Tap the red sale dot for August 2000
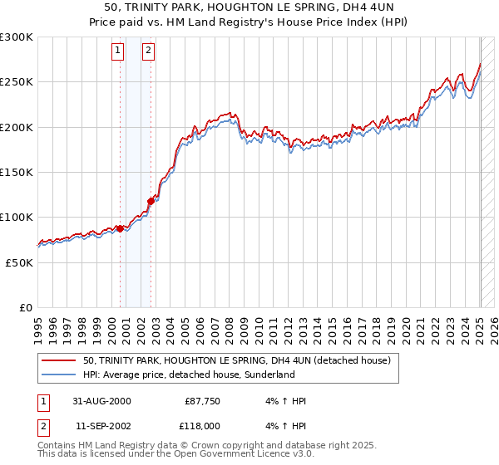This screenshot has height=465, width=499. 120,228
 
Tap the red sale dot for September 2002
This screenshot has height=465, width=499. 151,200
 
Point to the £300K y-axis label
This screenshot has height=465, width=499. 16,37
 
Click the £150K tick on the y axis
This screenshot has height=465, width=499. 16,173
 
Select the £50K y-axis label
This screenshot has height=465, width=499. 19,262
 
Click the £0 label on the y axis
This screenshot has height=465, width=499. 26,307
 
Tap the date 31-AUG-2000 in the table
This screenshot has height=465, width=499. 101,401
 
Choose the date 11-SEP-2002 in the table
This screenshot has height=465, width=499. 101,425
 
